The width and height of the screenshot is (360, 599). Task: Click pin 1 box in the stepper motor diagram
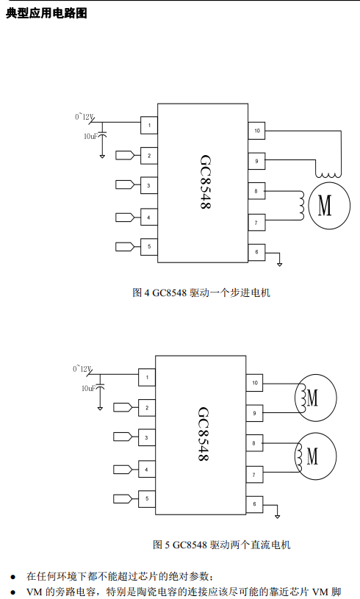click(149, 125)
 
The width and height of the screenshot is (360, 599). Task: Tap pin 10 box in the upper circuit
click(256, 131)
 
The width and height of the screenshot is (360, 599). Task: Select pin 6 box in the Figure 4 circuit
click(256, 252)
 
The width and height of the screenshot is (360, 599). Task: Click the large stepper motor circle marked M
click(329, 206)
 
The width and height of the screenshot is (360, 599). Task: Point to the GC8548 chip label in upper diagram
click(206, 182)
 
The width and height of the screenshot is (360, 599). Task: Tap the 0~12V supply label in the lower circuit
click(82, 369)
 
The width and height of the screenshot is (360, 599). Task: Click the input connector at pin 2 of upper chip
click(125, 155)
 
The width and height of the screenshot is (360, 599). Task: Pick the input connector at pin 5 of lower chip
click(123, 498)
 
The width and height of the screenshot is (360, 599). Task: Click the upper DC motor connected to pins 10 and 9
click(315, 398)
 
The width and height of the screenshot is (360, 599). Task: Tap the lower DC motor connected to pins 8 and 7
click(315, 456)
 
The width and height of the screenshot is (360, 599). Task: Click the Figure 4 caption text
click(201, 293)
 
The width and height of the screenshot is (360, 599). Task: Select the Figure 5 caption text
click(221, 545)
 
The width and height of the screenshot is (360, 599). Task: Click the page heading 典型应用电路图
click(46, 13)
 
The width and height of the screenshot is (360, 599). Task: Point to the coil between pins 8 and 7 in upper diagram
click(301, 206)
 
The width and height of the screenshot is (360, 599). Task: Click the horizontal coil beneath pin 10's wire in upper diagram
click(328, 175)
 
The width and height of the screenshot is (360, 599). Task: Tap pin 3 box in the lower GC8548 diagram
click(147, 438)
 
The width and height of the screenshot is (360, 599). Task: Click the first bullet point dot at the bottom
click(13, 576)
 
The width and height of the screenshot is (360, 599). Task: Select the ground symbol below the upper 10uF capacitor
click(102, 157)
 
